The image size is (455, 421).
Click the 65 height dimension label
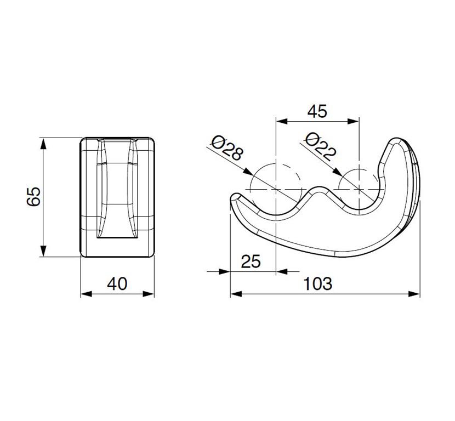tap(33, 197)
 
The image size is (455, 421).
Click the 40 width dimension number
tap(117, 284)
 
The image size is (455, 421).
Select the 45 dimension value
tap(317, 111)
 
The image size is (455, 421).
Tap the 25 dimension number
tap(251, 261)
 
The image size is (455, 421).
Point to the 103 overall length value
tap(317, 284)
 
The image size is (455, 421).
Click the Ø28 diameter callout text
tap(226, 148)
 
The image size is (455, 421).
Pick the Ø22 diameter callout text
tap(321, 147)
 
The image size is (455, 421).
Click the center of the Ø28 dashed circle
tap(275, 189)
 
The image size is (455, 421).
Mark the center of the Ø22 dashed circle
tap(359, 189)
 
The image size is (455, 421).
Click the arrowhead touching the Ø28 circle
tap(248, 172)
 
